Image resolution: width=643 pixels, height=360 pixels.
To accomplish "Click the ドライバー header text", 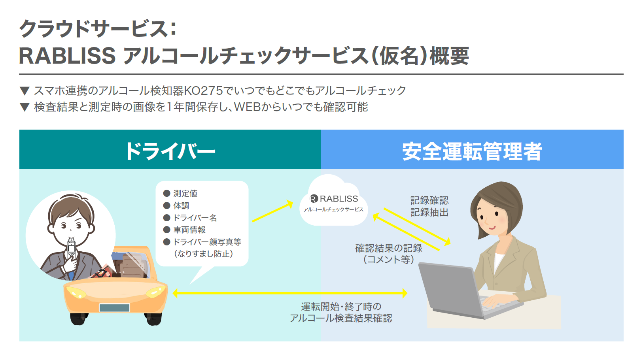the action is click(170, 151).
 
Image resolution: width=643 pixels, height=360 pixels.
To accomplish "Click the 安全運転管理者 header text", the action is click(472, 151).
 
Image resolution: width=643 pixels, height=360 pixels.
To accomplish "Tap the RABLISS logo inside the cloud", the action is click(334, 198).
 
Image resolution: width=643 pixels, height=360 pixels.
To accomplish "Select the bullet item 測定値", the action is click(180, 193).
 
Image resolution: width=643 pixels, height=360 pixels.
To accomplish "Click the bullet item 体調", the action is click(176, 205).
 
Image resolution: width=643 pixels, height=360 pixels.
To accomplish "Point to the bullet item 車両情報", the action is click(184, 230).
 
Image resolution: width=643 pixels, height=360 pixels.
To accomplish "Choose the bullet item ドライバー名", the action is click(190, 218).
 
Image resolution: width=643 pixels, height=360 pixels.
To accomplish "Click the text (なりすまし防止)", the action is click(204, 254).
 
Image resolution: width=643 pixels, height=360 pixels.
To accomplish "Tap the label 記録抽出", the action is click(429, 212).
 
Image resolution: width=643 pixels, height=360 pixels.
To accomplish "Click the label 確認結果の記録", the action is click(389, 248).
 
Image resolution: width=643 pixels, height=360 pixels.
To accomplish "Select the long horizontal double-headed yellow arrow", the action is click(290, 293).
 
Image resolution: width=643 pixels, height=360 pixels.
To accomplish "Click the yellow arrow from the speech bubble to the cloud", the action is click(272, 211).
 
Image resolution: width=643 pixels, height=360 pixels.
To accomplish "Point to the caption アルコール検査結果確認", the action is click(341, 318).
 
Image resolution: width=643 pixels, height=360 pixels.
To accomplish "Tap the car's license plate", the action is click(115, 308).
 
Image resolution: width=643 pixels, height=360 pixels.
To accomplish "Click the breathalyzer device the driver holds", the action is click(71, 247).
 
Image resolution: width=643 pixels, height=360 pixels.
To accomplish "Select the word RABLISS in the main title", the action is click(67, 56).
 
